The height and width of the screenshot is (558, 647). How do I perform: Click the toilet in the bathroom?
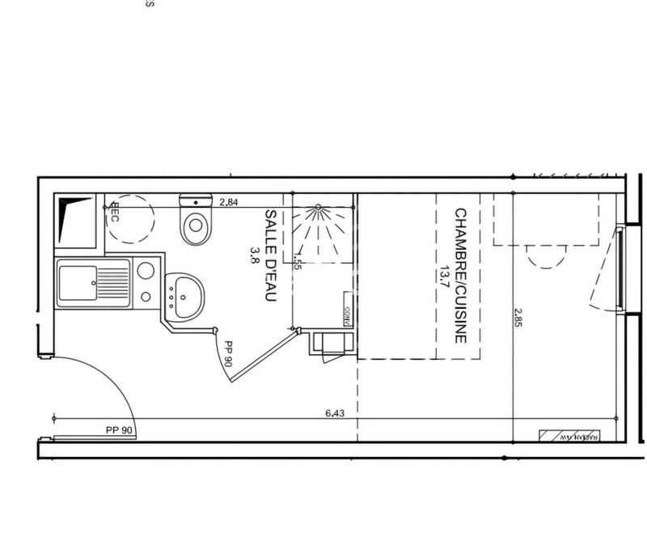coord(195,226)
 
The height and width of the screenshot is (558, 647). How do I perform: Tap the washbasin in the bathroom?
coord(186,295)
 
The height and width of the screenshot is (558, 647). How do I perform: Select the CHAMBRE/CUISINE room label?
coord(460,276)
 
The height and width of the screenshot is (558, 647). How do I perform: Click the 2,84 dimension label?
coord(230,201)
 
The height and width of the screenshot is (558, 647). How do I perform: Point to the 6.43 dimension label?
coord(336,412)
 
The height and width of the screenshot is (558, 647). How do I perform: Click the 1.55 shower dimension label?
coord(298,264)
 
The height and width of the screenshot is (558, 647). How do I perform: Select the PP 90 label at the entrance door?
coord(118,431)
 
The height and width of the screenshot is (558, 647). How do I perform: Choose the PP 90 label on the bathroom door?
coord(229,355)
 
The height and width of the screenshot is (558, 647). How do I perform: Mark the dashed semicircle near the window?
coord(546,257)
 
